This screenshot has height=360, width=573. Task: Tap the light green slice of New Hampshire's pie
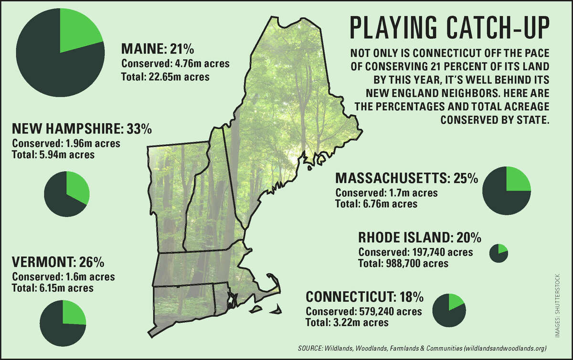coord(76,186)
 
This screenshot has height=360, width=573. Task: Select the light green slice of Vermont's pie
coord(74,312)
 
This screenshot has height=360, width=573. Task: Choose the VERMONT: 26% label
coord(58,263)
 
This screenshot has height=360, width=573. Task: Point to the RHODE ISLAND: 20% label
coord(420,237)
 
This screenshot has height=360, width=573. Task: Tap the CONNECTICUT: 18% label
coord(364,297)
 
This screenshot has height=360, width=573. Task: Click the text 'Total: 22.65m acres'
coord(165,76)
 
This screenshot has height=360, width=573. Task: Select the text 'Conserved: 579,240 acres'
coord(364,312)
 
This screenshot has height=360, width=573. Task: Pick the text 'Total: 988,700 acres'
coord(403,263)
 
